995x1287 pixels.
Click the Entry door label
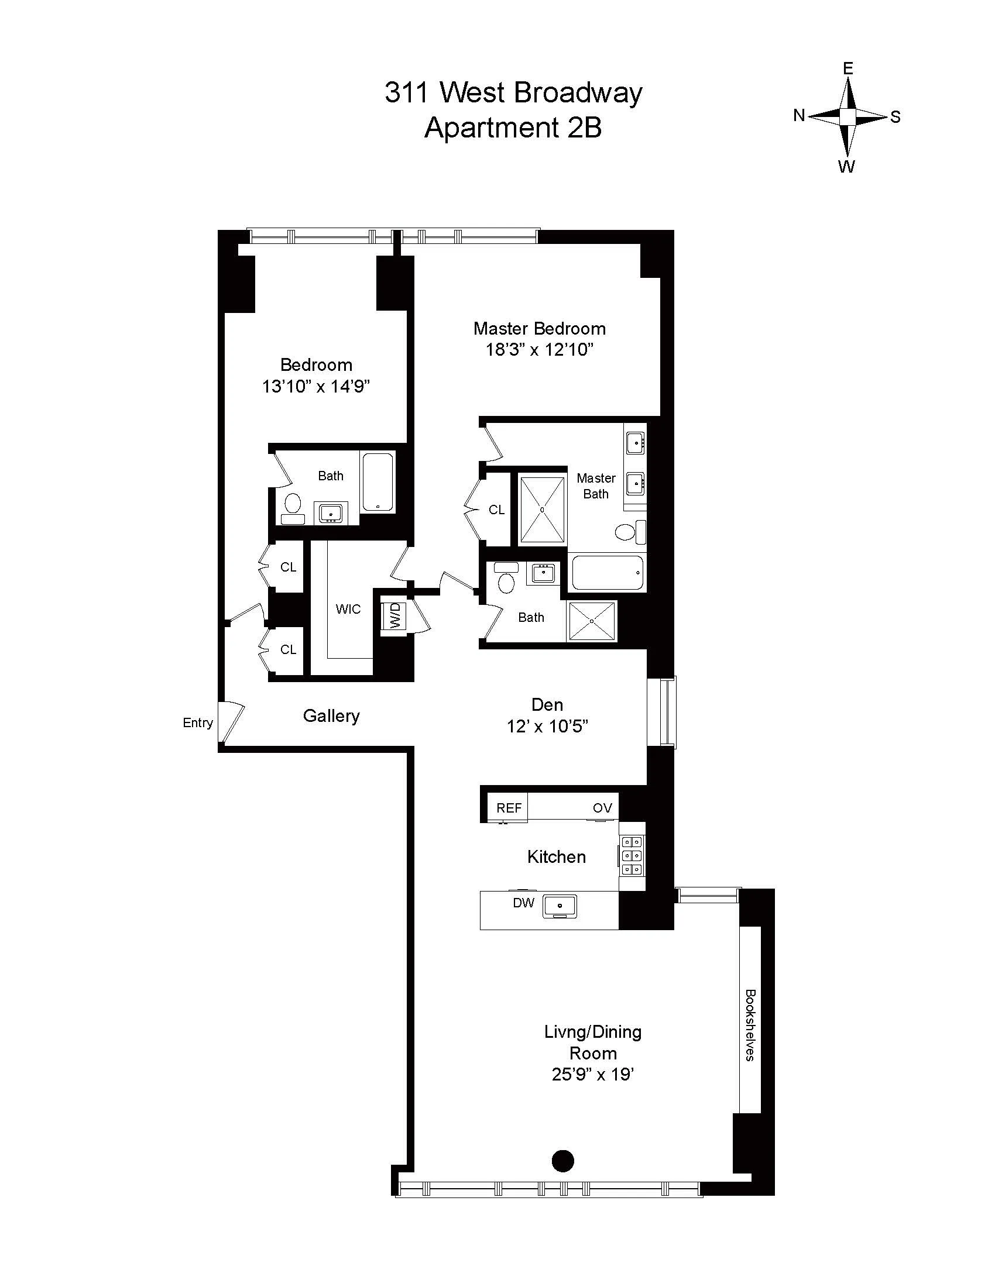tap(197, 722)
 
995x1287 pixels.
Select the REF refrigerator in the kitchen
tap(509, 808)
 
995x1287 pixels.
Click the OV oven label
tap(602, 808)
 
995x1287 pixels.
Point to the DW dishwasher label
tap(523, 903)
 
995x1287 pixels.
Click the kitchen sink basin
tap(560, 905)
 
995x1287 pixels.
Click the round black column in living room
tap(562, 1160)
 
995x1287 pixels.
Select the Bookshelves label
tap(750, 1025)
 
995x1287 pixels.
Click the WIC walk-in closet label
tap(348, 609)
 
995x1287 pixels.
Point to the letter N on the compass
tap(799, 115)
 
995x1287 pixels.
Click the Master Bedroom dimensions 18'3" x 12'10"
tap(538, 350)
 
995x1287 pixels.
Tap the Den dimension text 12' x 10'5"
tap(548, 727)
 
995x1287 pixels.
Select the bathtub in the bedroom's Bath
tap(378, 482)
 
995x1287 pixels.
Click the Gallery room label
tap(331, 716)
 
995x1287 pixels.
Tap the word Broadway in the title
tap(578, 93)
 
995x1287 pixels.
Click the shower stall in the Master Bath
tap(542, 510)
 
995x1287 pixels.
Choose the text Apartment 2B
tap(513, 128)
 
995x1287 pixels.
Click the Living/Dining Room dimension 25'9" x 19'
tap(592, 1074)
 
